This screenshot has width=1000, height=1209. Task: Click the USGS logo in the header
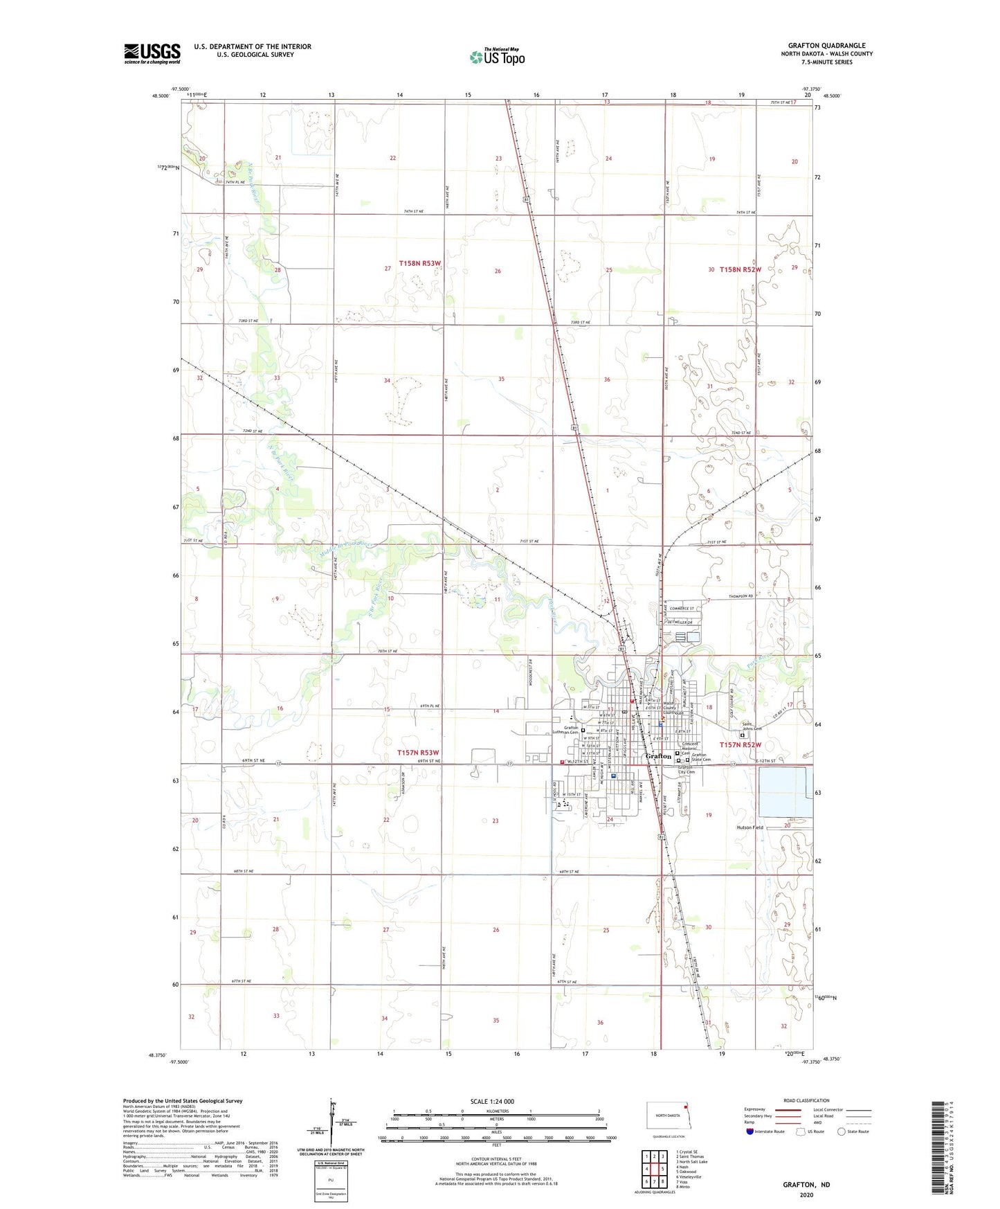(152, 53)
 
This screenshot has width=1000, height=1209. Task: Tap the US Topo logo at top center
(497, 57)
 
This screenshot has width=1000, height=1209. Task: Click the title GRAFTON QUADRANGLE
(826, 46)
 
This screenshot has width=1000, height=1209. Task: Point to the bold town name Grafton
(658, 756)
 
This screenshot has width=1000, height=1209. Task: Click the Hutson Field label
(749, 827)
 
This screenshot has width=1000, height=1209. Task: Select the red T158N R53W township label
(419, 264)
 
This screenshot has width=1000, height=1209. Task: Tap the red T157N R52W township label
(740, 745)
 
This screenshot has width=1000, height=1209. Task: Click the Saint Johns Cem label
(752, 726)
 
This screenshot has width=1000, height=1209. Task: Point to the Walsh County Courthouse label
(673, 708)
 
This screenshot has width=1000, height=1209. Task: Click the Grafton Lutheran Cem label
(570, 730)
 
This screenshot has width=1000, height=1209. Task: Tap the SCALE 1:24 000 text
(492, 1102)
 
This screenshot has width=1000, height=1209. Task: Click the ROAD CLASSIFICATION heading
(806, 1101)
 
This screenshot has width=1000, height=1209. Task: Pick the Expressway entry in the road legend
(755, 1109)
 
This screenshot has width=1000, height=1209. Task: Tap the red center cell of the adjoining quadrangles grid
(654, 1169)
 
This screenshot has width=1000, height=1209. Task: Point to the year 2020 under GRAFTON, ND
(806, 1194)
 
